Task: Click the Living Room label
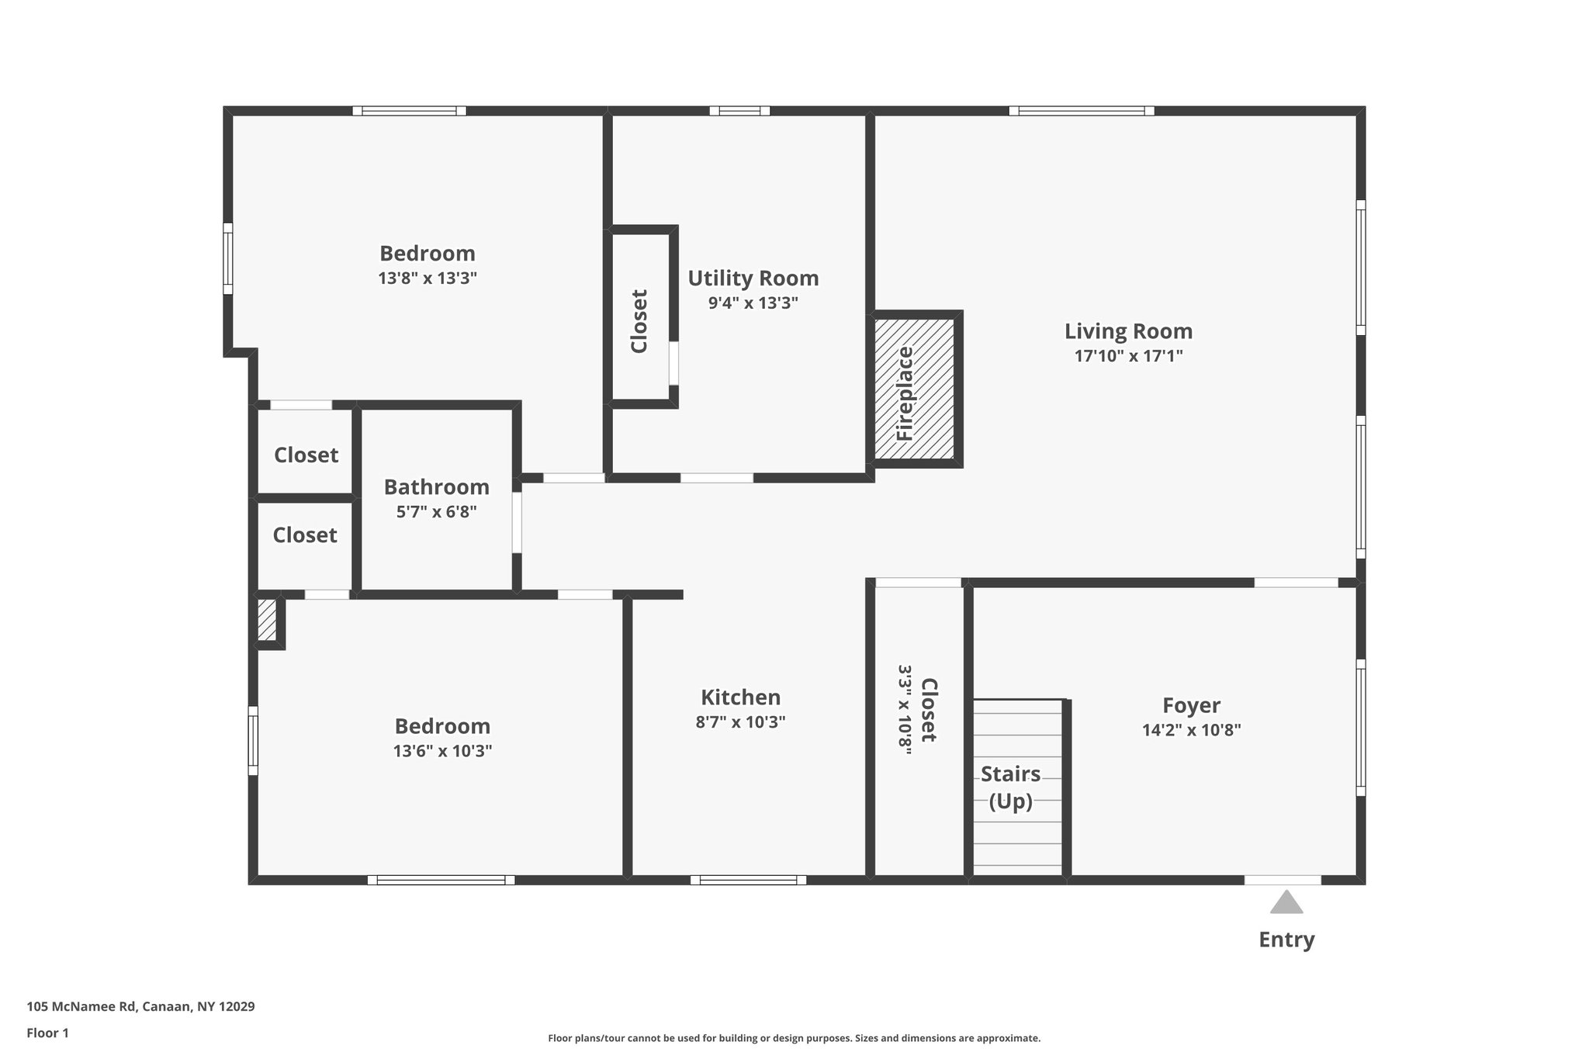(x=1128, y=331)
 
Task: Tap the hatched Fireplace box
(x=915, y=389)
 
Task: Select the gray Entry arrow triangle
(x=1286, y=902)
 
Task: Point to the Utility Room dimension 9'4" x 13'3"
(x=753, y=303)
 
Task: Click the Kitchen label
(x=741, y=697)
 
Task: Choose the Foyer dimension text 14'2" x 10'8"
(x=1191, y=730)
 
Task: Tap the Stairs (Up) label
(x=1011, y=787)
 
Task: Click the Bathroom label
(x=437, y=487)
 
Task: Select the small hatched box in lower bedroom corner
(x=267, y=620)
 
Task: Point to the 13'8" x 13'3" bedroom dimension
(x=428, y=278)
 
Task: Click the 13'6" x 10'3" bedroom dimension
(x=442, y=751)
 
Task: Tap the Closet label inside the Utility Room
(x=639, y=321)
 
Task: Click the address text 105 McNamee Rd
(x=81, y=1006)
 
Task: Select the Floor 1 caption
(x=48, y=1033)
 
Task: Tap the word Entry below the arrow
(x=1286, y=940)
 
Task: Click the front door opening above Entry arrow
(x=1283, y=880)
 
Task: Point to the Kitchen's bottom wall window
(x=749, y=880)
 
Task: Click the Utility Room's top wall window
(x=739, y=111)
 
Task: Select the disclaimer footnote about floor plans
(x=794, y=1038)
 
